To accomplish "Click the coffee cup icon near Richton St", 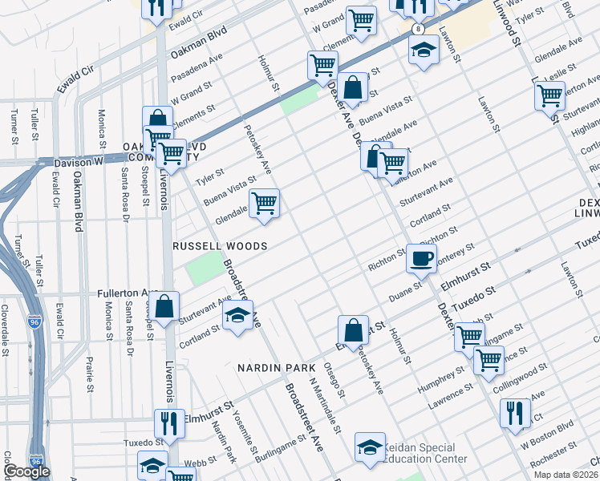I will tap(422, 258).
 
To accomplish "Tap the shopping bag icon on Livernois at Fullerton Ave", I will tap(164, 308).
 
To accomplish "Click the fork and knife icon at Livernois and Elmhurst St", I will tap(168, 422).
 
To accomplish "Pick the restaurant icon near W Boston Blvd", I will tap(514, 413).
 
